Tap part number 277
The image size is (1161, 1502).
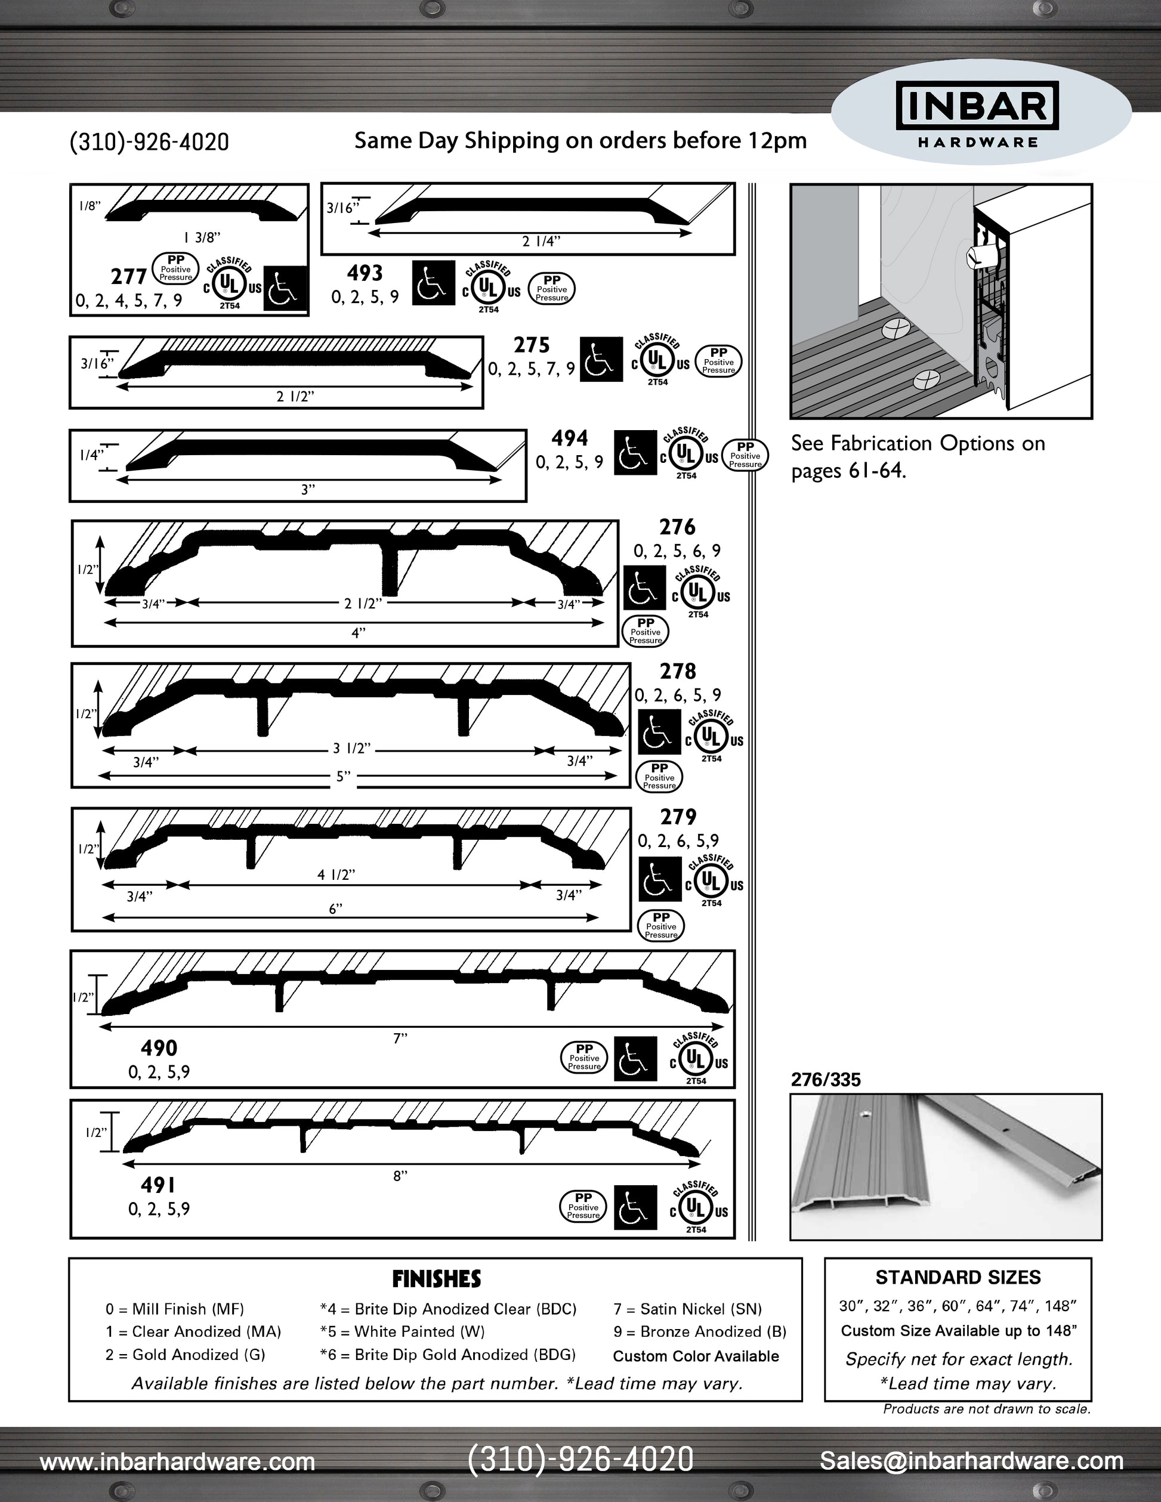click(x=129, y=276)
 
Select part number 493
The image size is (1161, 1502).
click(x=365, y=273)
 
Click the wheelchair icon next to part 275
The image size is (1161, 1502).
click(x=601, y=359)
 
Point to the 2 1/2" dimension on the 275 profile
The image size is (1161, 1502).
click(x=295, y=396)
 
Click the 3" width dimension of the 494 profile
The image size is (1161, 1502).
click(x=307, y=489)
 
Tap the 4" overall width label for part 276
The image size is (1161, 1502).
click(x=359, y=633)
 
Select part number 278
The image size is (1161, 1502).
click(x=678, y=671)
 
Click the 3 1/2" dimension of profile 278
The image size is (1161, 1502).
click(x=352, y=748)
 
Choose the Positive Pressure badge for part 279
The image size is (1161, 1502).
click(x=661, y=926)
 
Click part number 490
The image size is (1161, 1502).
click(x=159, y=1048)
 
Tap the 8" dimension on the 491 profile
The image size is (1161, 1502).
click(x=400, y=1176)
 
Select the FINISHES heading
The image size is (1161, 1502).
click(x=436, y=1279)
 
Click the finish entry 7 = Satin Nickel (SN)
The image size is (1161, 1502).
click(x=687, y=1309)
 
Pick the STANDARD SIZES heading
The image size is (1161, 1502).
click(x=958, y=1278)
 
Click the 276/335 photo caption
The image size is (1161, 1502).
click(x=825, y=1080)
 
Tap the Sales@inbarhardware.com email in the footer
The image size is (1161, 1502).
click(x=971, y=1461)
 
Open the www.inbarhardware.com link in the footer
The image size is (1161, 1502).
click(x=177, y=1461)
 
